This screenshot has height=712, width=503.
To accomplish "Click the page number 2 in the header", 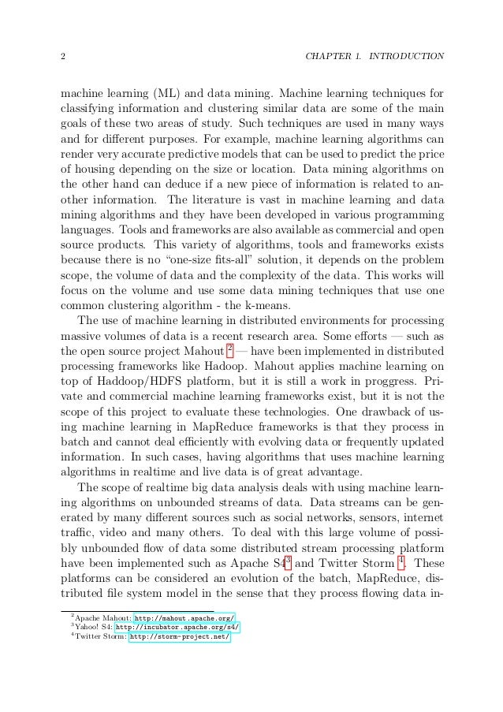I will point(63,58).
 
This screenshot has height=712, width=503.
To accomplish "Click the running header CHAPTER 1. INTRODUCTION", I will point(374,58).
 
